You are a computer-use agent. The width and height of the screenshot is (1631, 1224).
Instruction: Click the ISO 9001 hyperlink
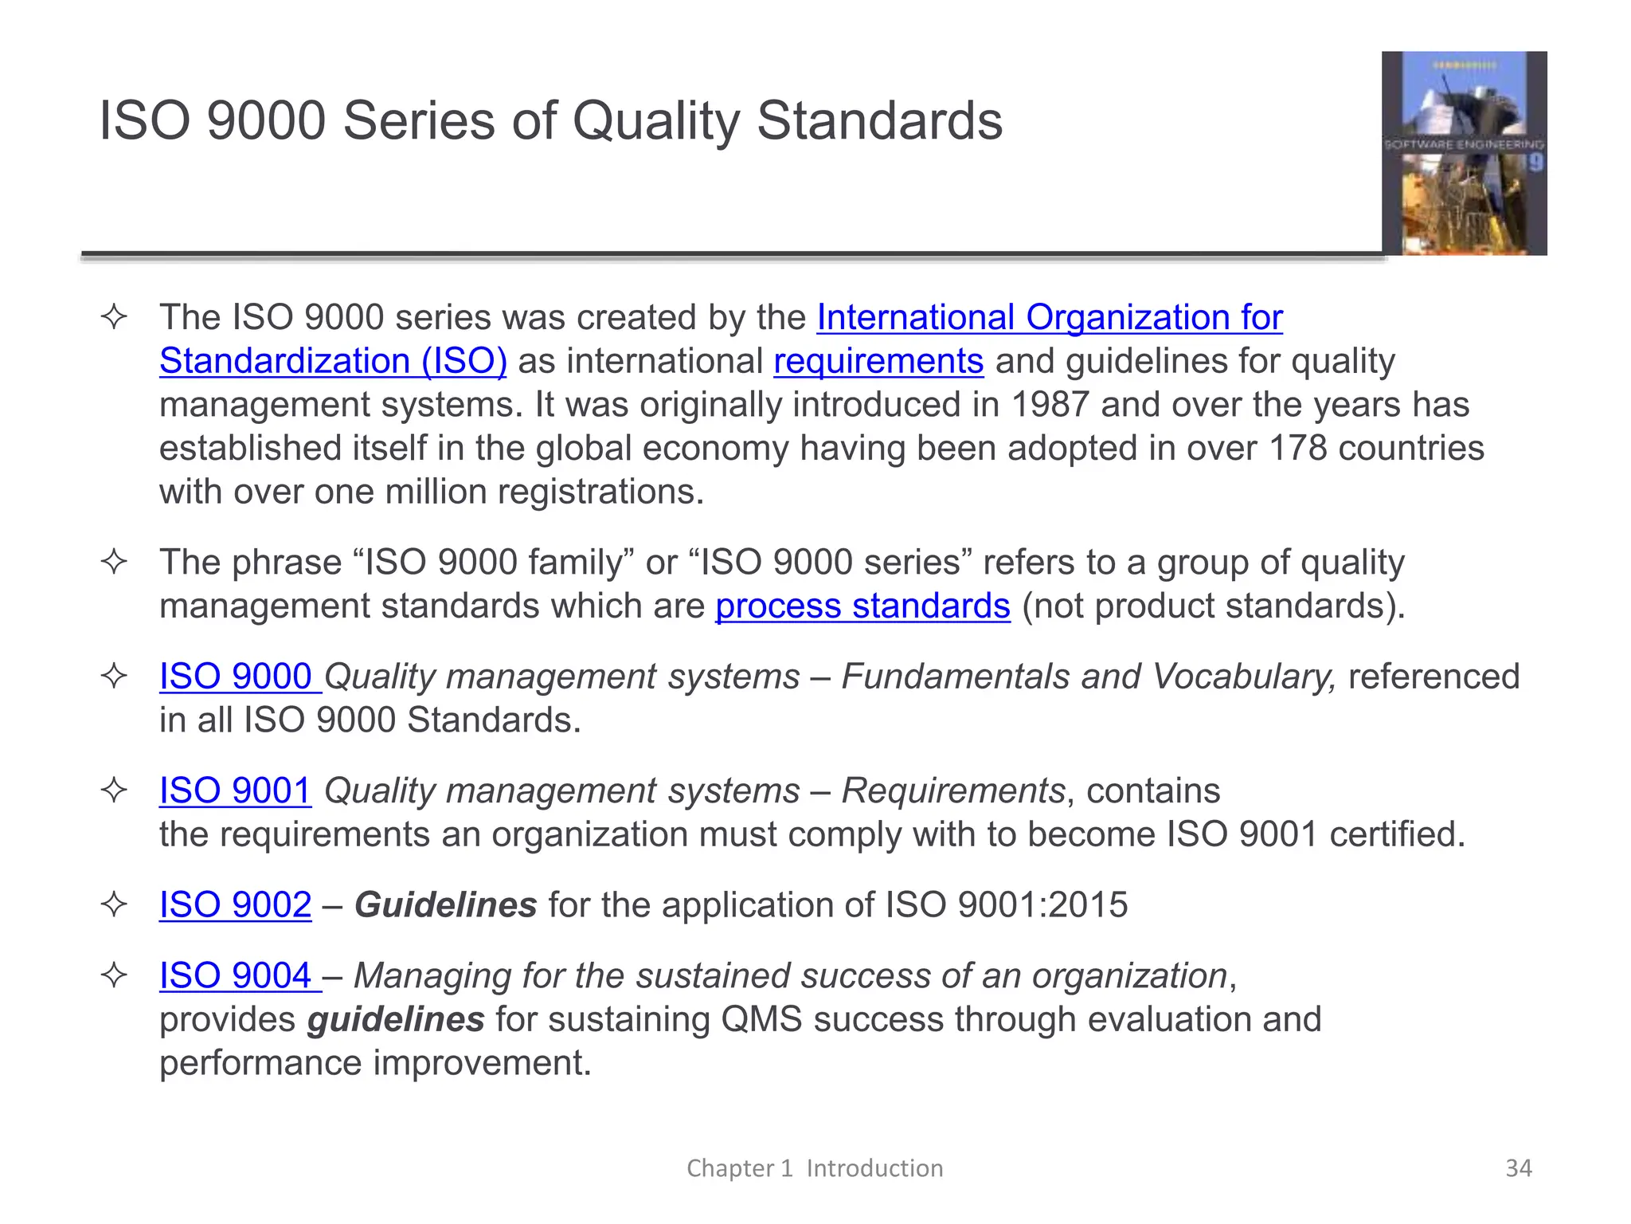[235, 791]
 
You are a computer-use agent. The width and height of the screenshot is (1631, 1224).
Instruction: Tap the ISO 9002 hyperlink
[235, 905]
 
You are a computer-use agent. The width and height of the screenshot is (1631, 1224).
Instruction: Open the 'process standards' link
[862, 606]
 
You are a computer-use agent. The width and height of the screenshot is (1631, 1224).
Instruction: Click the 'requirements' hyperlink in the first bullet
[878, 362]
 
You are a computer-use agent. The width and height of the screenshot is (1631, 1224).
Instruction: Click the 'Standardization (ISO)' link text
[333, 362]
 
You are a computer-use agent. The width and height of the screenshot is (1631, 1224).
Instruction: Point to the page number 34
[1518, 1168]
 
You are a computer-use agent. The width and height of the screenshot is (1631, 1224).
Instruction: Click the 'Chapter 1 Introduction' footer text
[815, 1168]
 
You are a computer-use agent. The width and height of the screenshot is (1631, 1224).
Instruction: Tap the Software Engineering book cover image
[1464, 153]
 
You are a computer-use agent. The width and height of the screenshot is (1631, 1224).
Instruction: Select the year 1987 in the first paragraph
[1050, 405]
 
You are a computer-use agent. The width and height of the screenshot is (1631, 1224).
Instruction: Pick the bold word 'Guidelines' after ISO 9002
[445, 905]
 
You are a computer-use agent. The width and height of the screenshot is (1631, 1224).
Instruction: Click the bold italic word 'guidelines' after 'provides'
[396, 1020]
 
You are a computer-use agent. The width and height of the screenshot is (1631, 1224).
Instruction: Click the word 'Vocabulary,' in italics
[1244, 677]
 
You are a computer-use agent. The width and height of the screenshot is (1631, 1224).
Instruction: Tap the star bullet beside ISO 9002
[115, 905]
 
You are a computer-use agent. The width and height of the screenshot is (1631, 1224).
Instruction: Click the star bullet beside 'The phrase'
[115, 563]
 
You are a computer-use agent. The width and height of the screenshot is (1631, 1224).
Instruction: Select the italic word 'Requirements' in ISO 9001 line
[953, 791]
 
